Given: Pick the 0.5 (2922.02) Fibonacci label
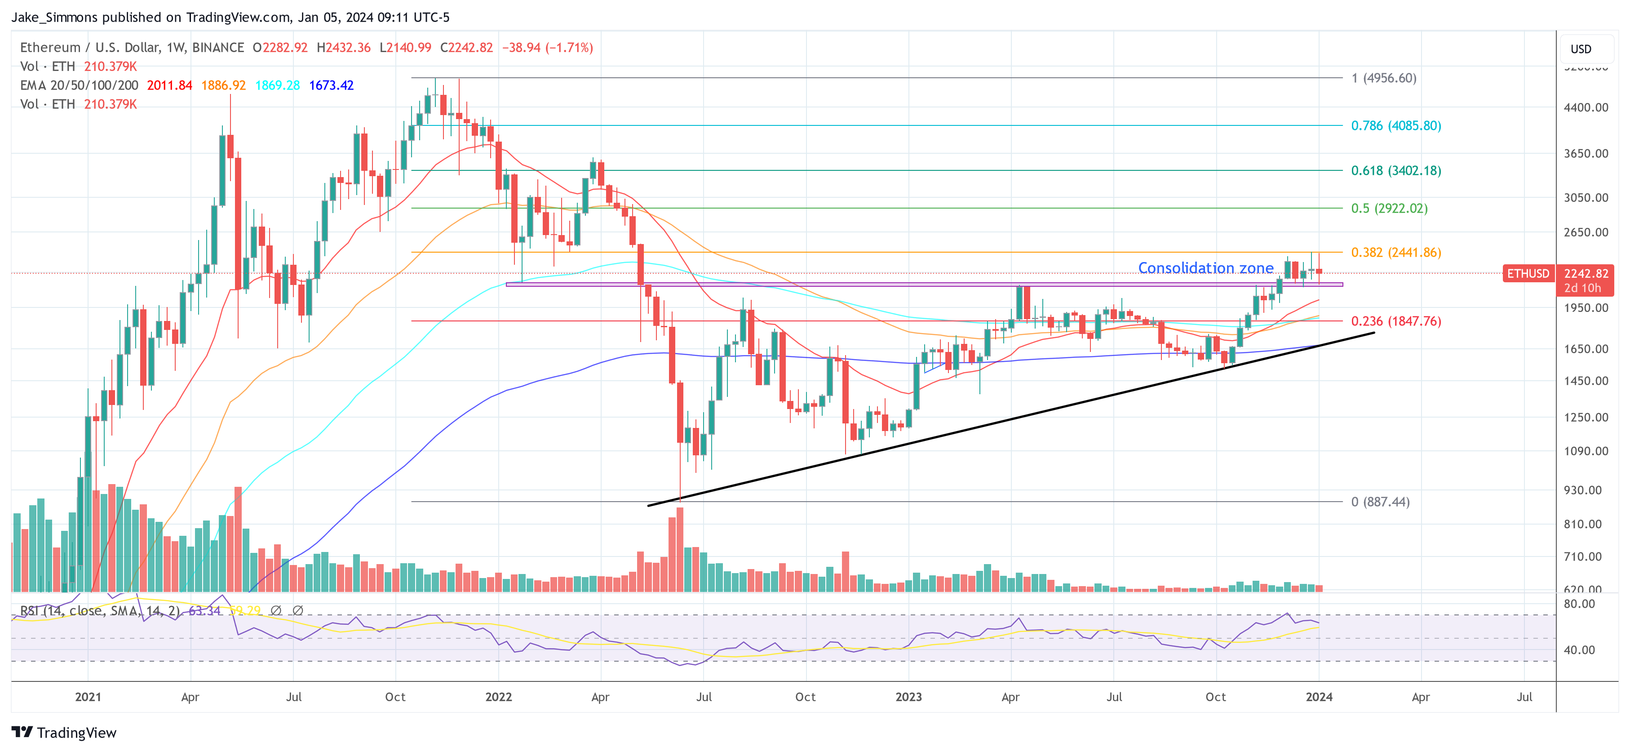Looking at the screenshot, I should coord(1389,208).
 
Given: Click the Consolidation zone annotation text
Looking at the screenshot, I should coord(1205,268).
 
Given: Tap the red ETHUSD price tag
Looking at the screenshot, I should coord(1528,273).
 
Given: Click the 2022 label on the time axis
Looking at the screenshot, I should coord(498,697).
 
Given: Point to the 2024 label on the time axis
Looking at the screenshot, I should coord(1319,697).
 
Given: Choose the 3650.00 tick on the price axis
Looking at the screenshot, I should coord(1586,153).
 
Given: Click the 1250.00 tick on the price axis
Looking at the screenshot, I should coord(1586,417).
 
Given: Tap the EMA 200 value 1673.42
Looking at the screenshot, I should coord(331,85).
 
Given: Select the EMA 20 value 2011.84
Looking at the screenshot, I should coord(169,85).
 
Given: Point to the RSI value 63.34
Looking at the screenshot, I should coord(204,611).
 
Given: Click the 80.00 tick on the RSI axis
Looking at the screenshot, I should coord(1579,604).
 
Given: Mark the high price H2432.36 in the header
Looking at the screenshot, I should coord(344,48).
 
